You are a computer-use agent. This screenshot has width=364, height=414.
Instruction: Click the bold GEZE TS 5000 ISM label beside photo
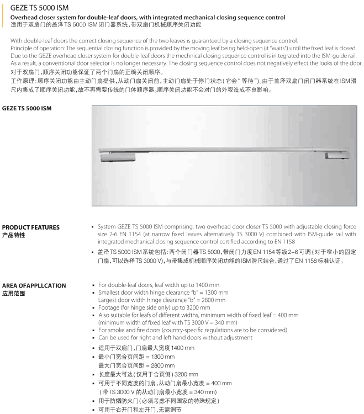pos(27,108)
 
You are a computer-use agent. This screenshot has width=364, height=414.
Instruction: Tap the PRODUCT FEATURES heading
pos(31,227)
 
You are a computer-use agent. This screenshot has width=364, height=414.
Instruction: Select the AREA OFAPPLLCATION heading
pos(34,285)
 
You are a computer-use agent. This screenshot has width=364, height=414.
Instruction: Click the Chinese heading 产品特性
pos(14,235)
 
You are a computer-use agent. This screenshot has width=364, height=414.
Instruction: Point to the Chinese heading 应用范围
pos(14,294)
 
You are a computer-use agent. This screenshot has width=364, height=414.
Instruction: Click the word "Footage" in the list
pos(111,307)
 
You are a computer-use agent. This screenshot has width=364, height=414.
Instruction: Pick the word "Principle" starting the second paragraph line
pos(23,48)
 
